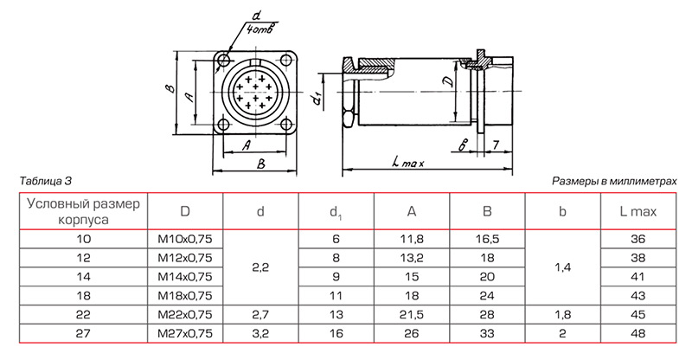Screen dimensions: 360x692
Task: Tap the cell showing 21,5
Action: coord(412,314)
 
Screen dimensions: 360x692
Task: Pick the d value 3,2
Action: coord(261,333)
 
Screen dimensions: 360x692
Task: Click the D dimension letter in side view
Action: coord(446,82)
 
